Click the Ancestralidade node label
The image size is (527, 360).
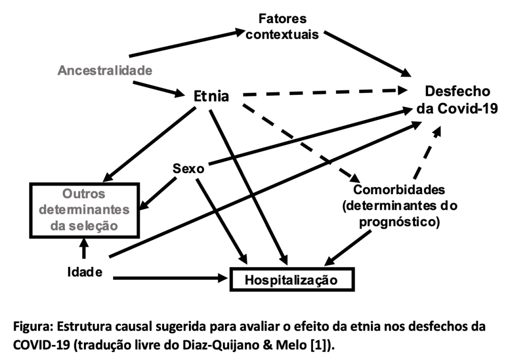(x=105, y=71)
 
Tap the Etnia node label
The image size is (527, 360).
(x=212, y=96)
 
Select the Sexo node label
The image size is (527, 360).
(x=188, y=168)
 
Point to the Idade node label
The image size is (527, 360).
(x=85, y=272)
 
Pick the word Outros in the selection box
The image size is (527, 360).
(x=84, y=194)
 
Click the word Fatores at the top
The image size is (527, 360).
(x=283, y=19)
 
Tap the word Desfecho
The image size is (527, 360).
(x=458, y=91)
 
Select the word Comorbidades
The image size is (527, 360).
(x=399, y=190)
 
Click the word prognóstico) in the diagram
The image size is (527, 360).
(x=399, y=222)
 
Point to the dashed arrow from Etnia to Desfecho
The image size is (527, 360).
(x=325, y=92)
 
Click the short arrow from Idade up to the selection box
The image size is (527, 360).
(x=84, y=248)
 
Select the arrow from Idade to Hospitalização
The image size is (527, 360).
(x=170, y=278)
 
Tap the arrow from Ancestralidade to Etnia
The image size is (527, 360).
(x=159, y=89)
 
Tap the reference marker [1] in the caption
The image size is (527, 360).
(x=318, y=346)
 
